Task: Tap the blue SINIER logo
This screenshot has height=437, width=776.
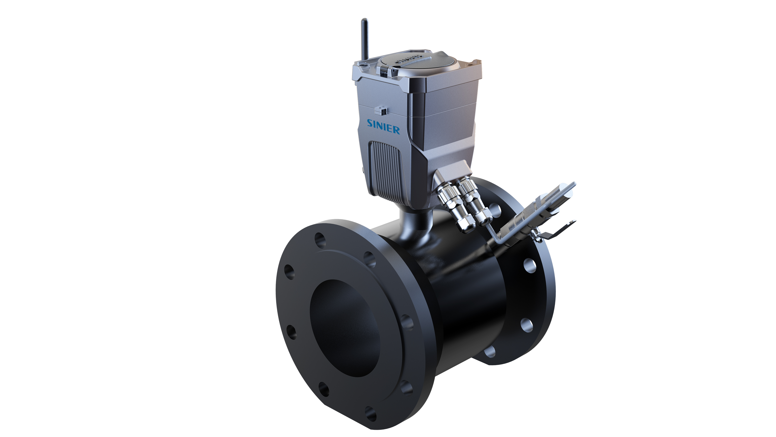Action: click(383, 127)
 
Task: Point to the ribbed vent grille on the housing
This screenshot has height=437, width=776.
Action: click(386, 170)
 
